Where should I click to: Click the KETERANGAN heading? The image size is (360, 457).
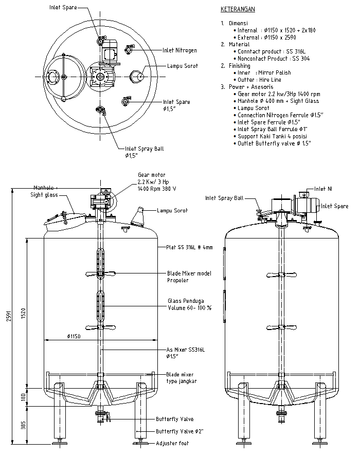coord(238,9)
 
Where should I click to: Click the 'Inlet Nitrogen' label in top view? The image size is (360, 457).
coord(179,50)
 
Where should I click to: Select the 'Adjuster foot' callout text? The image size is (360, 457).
coord(172,443)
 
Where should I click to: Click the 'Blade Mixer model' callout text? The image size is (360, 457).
coord(189,273)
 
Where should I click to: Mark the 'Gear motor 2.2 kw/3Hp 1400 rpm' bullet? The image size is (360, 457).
coord(279,95)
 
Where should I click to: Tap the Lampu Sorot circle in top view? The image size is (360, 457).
coord(137,76)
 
